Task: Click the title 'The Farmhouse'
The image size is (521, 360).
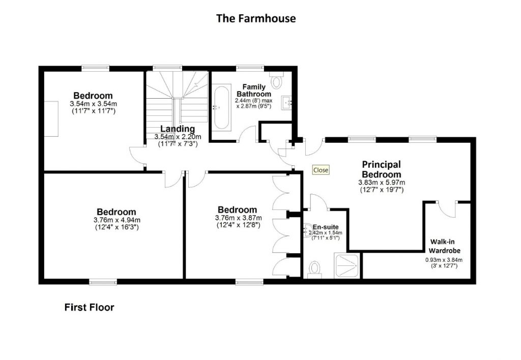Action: click(x=256, y=19)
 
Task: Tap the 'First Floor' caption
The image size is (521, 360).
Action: click(x=89, y=307)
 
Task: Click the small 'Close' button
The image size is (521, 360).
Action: click(x=321, y=170)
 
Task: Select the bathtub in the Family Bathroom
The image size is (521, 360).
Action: click(x=222, y=107)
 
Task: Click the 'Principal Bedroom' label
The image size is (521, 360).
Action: click(x=381, y=169)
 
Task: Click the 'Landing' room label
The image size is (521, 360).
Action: click(x=178, y=129)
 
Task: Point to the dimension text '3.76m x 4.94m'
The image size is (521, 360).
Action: click(x=117, y=220)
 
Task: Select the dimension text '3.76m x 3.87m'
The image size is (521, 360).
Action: click(x=238, y=218)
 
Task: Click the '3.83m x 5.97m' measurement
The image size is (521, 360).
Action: click(x=381, y=182)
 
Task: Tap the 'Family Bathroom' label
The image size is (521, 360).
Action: click(x=253, y=91)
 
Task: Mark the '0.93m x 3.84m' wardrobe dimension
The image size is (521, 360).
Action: click(x=444, y=260)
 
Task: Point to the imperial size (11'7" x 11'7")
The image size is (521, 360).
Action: click(x=93, y=111)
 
